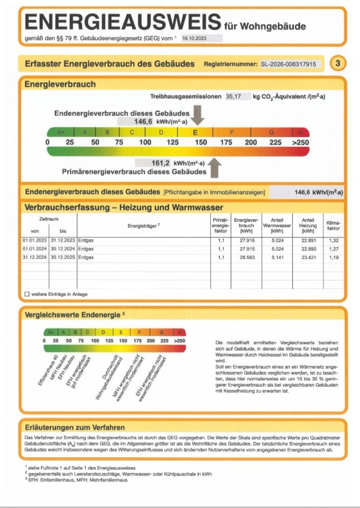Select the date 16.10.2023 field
pyautogui.click(x=200, y=38)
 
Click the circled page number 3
pyautogui.click(x=338, y=63)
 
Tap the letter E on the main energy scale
pyautogui.click(x=195, y=133)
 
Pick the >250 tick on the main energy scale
pyautogui.click(x=300, y=142)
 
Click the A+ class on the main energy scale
pyautogui.click(x=61, y=133)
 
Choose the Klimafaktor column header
pyautogui.click(x=333, y=226)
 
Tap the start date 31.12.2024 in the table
pyautogui.click(x=34, y=258)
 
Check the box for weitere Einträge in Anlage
pyautogui.click(x=27, y=294)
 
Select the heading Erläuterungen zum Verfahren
pyautogui.click(x=75, y=428)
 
